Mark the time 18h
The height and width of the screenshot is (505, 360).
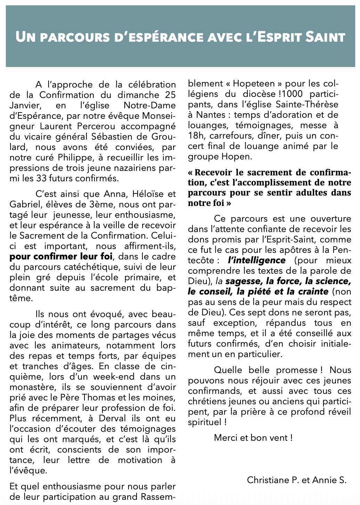coord(196,136)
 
